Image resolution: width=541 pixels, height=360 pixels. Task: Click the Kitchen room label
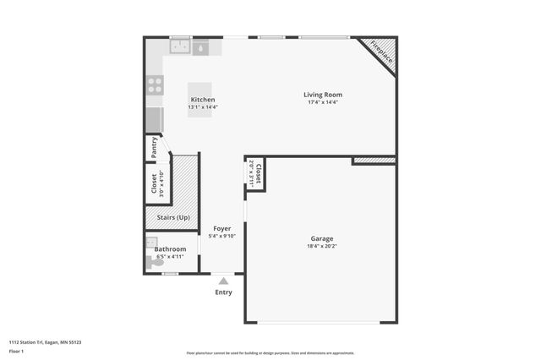pyautogui.click(x=202, y=100)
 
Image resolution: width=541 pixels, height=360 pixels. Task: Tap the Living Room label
pyautogui.click(x=323, y=95)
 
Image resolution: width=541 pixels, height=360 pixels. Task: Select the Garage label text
pyautogui.click(x=322, y=240)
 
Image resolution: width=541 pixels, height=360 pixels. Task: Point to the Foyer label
pyautogui.click(x=221, y=229)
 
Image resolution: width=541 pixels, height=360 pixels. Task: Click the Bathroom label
pyautogui.click(x=170, y=249)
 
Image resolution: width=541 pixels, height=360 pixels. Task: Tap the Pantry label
pyautogui.click(x=155, y=148)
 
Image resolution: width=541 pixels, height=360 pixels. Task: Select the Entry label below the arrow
pyautogui.click(x=223, y=292)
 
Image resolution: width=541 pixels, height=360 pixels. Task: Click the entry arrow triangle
pyautogui.click(x=223, y=281)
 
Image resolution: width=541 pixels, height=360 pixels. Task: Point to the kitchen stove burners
pyautogui.click(x=156, y=85)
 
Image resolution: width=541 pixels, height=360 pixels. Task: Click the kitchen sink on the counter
pyautogui.click(x=179, y=48)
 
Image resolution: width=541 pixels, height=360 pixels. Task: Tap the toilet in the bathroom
pyautogui.click(x=157, y=263)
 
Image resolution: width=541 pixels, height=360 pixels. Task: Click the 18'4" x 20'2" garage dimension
pyautogui.click(x=322, y=248)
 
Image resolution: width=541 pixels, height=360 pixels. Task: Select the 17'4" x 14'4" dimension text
pyautogui.click(x=323, y=102)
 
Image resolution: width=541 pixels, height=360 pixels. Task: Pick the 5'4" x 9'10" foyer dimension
pyautogui.click(x=221, y=237)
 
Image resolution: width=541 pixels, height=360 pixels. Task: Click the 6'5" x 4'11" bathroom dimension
pyautogui.click(x=170, y=257)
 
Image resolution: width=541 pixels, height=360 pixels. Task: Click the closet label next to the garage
pyautogui.click(x=258, y=174)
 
